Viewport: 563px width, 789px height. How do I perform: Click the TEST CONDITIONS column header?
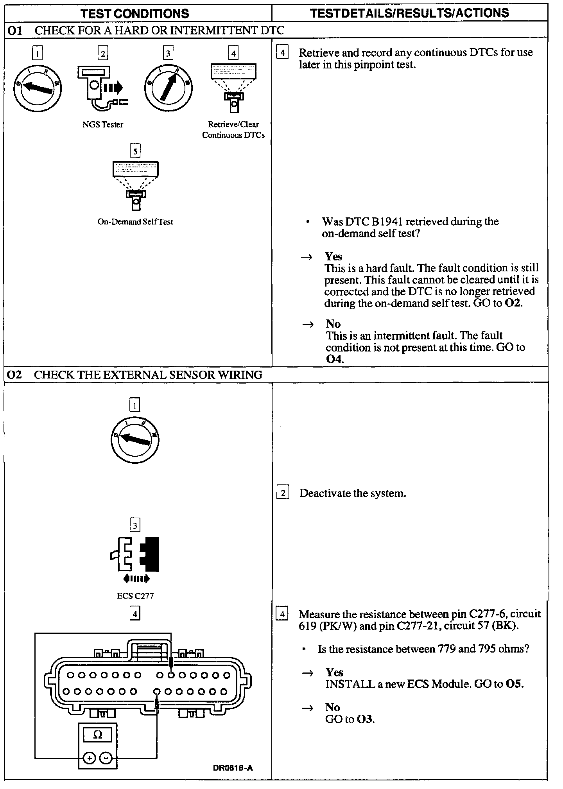point(134,14)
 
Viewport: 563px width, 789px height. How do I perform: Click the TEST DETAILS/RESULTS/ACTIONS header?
point(409,13)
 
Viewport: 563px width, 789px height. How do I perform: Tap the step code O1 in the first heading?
point(15,30)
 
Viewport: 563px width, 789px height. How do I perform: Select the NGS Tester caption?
point(103,125)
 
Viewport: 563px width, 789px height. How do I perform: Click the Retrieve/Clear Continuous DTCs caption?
point(233,130)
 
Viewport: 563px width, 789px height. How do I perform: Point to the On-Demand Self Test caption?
point(135,222)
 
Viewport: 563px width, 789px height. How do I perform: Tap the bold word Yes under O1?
point(333,256)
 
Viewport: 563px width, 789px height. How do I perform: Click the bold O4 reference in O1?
point(334,359)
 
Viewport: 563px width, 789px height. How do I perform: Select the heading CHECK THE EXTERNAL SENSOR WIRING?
point(148,375)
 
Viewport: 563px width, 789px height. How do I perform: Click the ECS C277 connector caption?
point(135,595)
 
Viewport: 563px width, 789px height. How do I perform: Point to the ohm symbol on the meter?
point(98,735)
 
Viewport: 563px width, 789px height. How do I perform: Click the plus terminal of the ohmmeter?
point(90,759)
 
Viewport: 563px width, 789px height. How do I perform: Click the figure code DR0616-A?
point(233,767)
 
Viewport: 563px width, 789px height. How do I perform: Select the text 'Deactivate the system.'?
point(353,493)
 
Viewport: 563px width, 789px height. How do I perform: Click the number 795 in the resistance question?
point(487,649)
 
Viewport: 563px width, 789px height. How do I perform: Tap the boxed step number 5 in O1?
point(135,151)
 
